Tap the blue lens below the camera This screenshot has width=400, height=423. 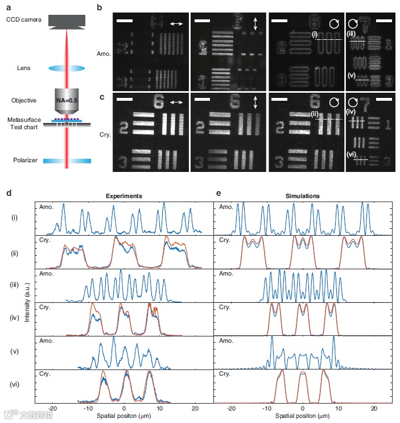[67, 68]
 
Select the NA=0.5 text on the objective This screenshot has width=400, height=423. [67, 100]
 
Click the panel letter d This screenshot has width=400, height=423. [9, 194]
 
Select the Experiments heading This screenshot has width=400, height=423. [123, 196]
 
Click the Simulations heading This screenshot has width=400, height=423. [303, 196]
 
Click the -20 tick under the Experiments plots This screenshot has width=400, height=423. [52, 409]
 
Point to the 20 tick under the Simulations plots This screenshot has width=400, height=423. [374, 409]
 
